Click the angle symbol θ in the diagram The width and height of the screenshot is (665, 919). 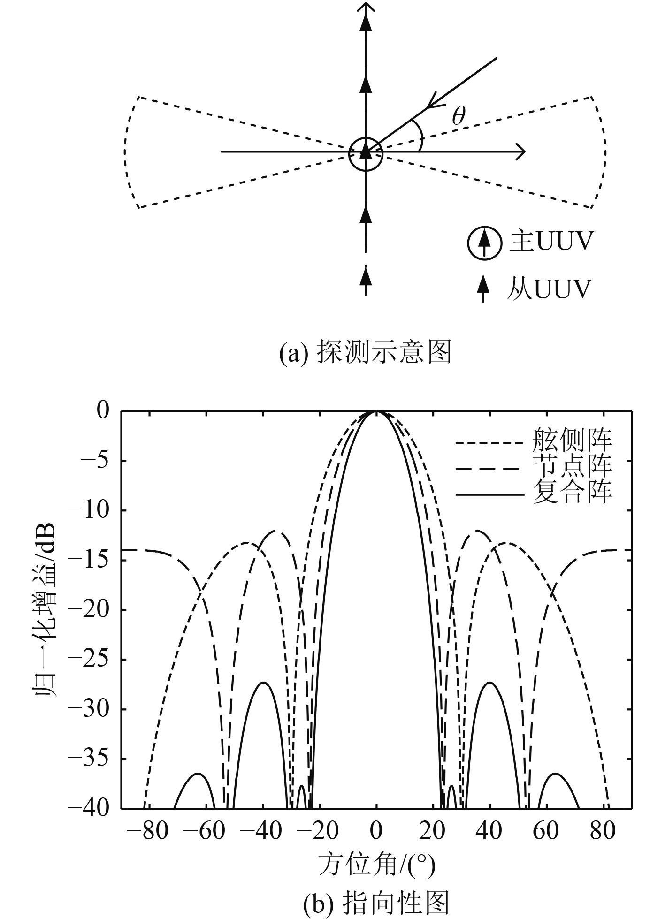pyautogui.click(x=459, y=116)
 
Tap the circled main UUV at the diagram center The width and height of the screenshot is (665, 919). pyautogui.click(x=366, y=153)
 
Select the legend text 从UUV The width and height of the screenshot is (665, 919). pyautogui.click(x=549, y=289)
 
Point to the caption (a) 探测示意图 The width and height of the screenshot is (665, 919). pyautogui.click(x=365, y=352)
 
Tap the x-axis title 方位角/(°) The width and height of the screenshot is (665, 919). pyautogui.click(x=376, y=864)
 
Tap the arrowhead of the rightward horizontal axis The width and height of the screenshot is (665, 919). pyautogui.click(x=520, y=152)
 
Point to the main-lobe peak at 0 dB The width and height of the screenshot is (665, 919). pyautogui.click(x=376, y=411)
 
